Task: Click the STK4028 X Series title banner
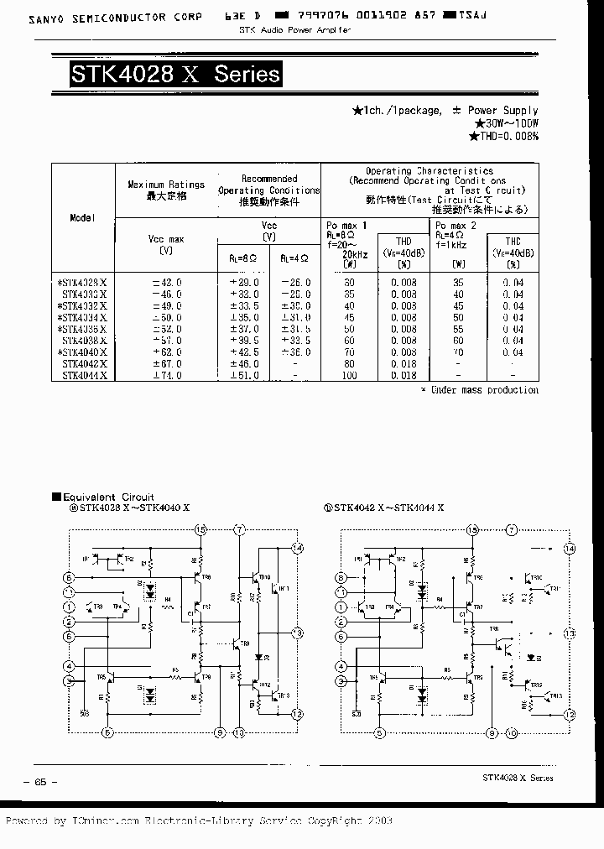tap(174, 75)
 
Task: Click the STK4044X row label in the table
tap(85, 375)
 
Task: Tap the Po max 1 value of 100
tap(349, 375)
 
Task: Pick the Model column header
tap(83, 217)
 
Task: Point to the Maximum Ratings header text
tap(166, 184)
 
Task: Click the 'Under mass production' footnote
tap(480, 390)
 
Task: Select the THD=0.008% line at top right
tap(503, 136)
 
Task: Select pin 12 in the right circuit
tap(570, 715)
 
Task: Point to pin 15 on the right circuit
tap(473, 529)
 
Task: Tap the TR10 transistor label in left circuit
tap(264, 577)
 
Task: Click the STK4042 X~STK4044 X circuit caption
tap(388, 508)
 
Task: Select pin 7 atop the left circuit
tap(240, 529)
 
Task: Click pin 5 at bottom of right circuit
tap(380, 732)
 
